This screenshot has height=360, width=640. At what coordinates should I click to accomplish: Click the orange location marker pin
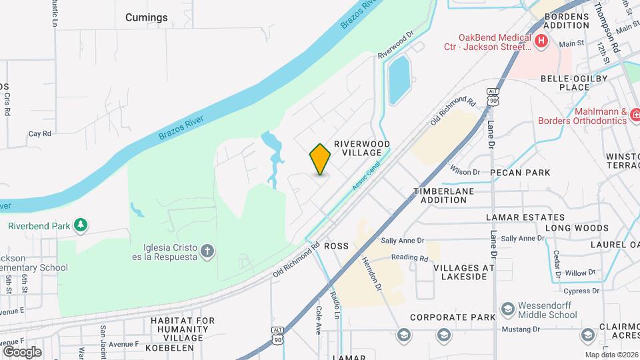pos(320,159)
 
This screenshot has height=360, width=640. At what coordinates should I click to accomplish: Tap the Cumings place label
pos(147,17)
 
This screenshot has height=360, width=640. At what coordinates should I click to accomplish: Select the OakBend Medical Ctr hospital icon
pos(541,42)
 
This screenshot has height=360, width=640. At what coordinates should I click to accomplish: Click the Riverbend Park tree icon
pos(81,225)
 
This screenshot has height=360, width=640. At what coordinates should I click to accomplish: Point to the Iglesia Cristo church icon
pos(207,251)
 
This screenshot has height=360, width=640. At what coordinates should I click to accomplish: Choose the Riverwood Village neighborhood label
pos(361,148)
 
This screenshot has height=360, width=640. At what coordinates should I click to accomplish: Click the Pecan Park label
pos(520,172)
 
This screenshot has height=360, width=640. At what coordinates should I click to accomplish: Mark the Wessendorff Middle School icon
pos(507,309)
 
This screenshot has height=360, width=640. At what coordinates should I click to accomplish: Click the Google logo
pos(22,351)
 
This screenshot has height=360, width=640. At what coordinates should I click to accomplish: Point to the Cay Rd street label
pos(40,134)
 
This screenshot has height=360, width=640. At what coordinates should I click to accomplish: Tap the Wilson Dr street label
pos(465,172)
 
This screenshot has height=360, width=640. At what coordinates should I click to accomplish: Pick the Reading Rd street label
pos(409,258)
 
